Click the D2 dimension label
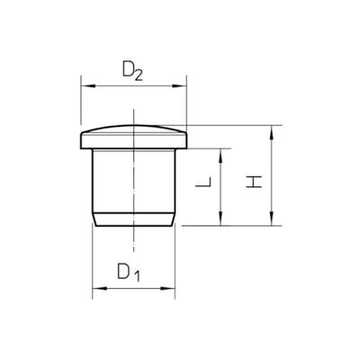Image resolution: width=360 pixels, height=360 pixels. (132, 72)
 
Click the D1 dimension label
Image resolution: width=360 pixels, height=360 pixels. (129, 272)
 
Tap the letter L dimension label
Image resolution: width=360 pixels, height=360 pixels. (203, 182)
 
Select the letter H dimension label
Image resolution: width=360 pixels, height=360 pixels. (254, 182)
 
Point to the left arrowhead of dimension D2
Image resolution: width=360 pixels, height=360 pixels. (88, 86)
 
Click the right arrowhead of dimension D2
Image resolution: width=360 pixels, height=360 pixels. (179, 86)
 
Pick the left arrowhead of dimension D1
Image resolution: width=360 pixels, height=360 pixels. (100, 288)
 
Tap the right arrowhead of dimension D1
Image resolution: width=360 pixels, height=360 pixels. (167, 288)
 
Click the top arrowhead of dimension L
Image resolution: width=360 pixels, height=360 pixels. (220, 156)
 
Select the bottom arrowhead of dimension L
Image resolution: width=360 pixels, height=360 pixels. (220, 218)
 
